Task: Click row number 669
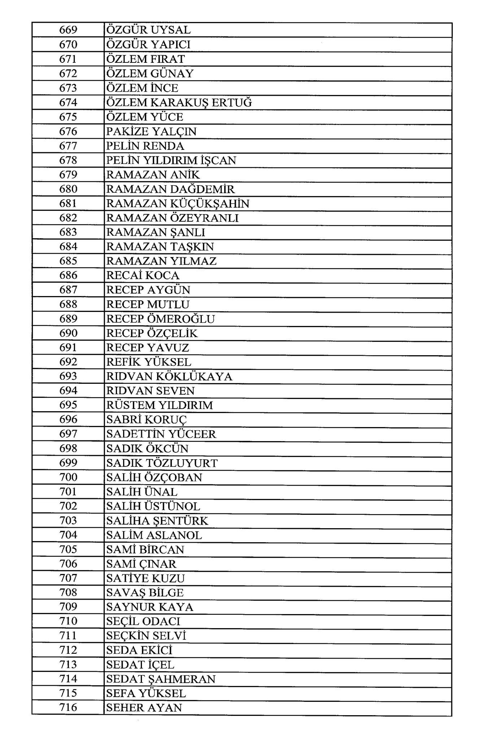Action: tap(68, 30)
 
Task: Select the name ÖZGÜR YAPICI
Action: tap(148, 44)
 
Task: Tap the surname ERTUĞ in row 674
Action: tap(231, 103)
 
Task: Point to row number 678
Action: tap(68, 160)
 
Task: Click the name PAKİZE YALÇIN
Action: tap(151, 131)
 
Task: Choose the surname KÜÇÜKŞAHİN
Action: tap(210, 204)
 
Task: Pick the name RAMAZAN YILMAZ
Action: tap(161, 261)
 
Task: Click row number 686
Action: tap(68, 275)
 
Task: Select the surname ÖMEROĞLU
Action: tap(181, 319)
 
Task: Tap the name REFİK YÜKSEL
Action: tap(149, 362)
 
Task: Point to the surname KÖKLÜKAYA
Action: tap(194, 377)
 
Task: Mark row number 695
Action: tap(68, 405)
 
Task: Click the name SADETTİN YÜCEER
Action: tap(161, 434)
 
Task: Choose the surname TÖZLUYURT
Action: tap(182, 463)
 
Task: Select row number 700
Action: tap(68, 477)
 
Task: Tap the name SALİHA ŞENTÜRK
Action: tap(157, 521)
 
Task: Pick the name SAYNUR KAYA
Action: tap(150, 607)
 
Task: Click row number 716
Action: tap(68, 708)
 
